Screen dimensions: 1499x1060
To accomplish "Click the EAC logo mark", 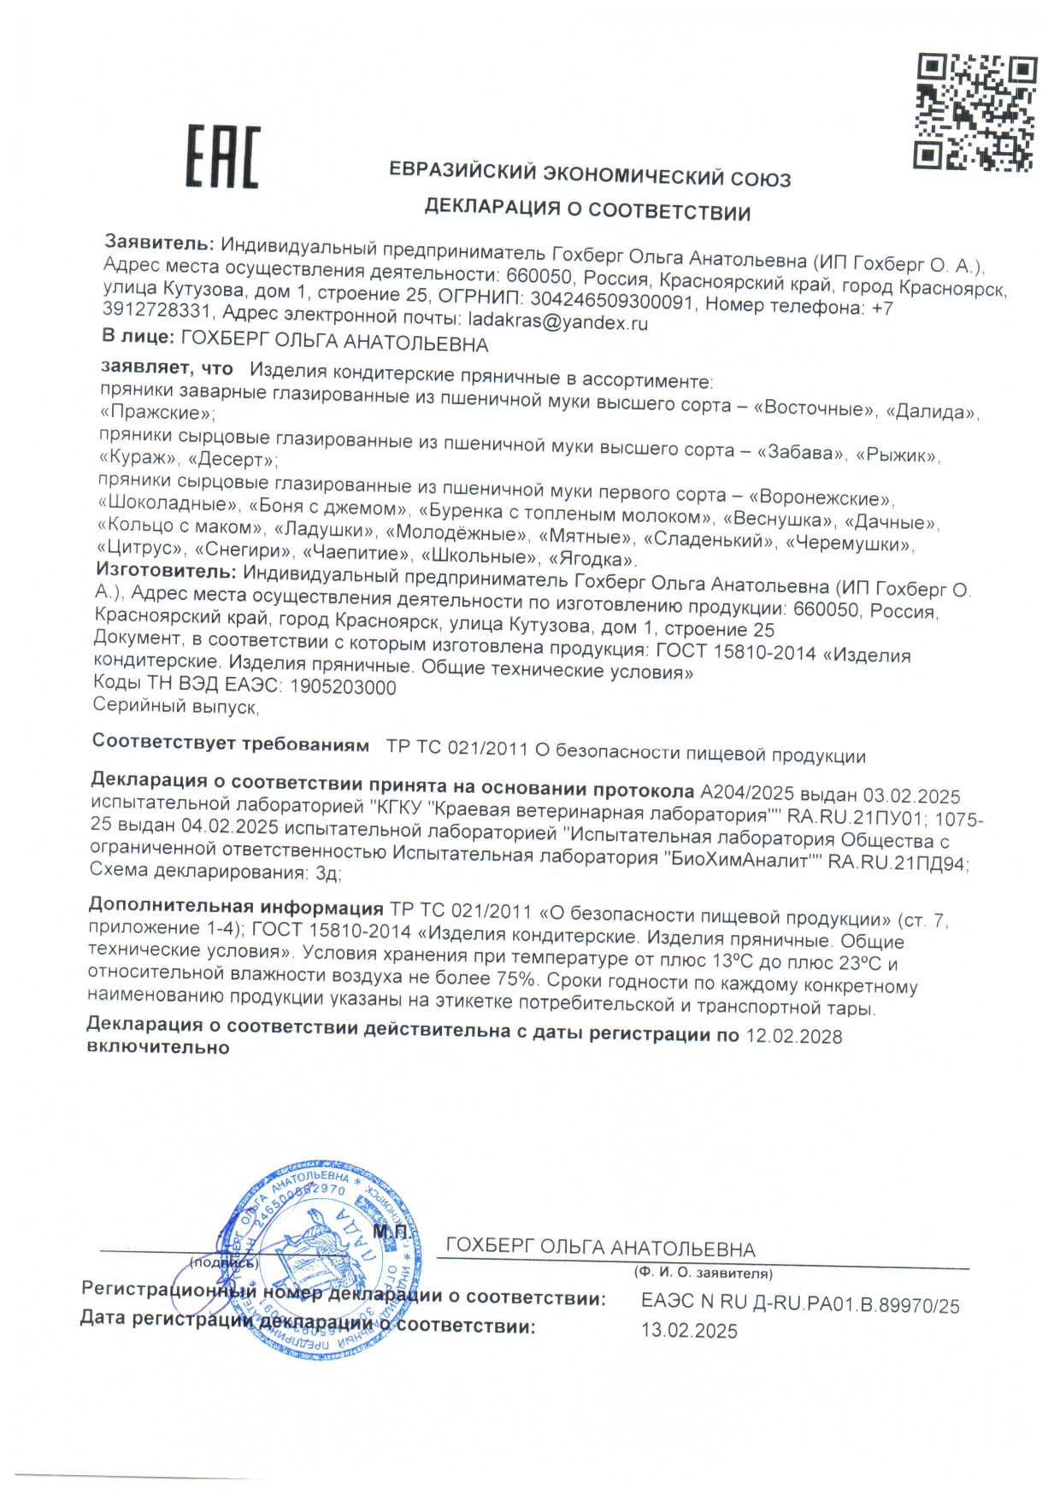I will pos(222,156).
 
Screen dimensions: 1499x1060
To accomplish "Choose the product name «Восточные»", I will pos(814,409).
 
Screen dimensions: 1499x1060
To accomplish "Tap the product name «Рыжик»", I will pos(897,456).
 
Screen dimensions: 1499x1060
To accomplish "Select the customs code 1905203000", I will pos(343,687).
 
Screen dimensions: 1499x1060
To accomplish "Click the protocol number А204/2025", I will pos(747,794).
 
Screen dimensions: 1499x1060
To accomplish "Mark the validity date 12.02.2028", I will pos(794,1037).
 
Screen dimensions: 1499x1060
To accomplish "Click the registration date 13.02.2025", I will pos(689,1331).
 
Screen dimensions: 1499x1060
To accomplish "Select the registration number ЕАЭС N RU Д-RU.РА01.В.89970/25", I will pos(800,1304).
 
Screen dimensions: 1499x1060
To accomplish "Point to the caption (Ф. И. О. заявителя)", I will pos(704,1273).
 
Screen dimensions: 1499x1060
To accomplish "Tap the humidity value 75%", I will pos(515,978).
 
